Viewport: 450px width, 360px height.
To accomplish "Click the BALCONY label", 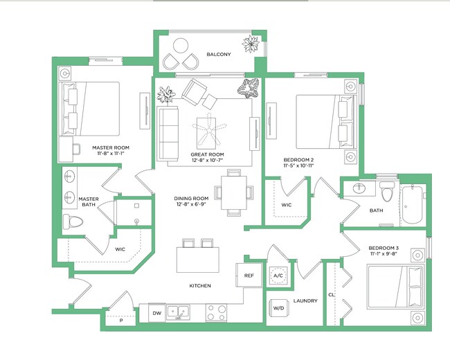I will (218, 55).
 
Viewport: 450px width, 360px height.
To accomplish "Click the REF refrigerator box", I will (249, 276).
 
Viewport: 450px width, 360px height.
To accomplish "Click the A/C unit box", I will (279, 276).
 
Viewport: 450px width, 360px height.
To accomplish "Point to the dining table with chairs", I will (233, 192).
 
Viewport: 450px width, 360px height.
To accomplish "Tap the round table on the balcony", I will (181, 47).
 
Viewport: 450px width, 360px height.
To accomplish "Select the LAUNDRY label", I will (305, 301).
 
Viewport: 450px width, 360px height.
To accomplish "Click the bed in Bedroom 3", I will (394, 286).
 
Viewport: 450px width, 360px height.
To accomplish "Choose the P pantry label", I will (120, 321).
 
